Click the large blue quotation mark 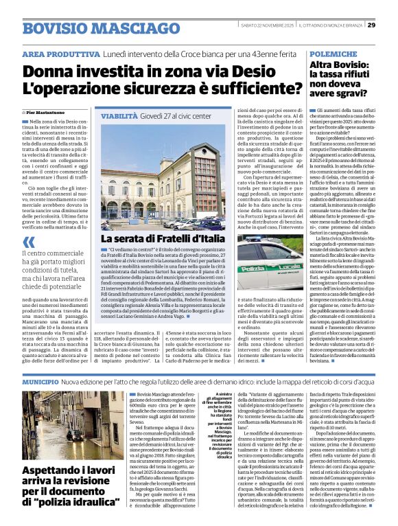pyautogui.click(x=28, y=242)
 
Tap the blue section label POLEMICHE pyautogui.click(x=331, y=52)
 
